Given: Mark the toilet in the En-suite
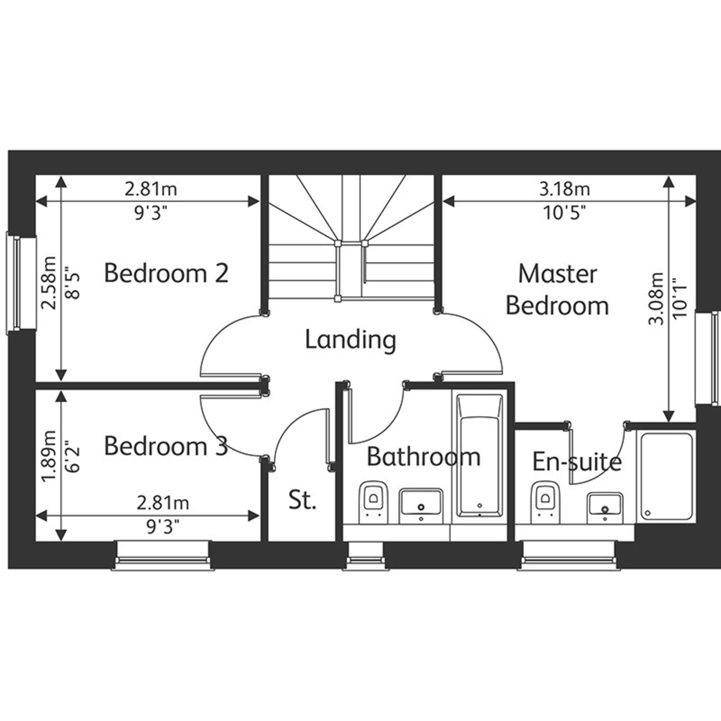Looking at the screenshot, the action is point(546,502).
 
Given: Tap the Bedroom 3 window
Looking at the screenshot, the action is point(163,555).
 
